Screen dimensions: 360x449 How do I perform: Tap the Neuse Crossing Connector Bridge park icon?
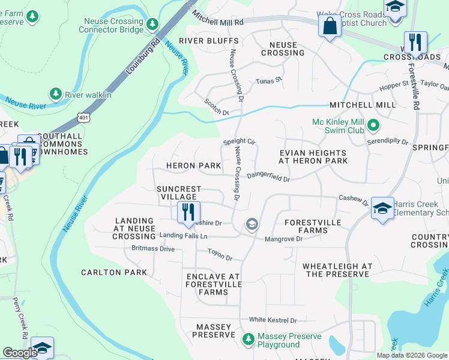(x=152, y=24)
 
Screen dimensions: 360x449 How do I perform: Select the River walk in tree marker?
(x=55, y=94)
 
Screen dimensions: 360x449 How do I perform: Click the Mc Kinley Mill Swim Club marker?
(x=373, y=125)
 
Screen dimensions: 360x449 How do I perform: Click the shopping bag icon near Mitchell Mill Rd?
(x=330, y=26)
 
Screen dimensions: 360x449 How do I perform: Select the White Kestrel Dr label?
(x=274, y=320)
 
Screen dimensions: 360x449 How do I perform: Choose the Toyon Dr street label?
(x=220, y=256)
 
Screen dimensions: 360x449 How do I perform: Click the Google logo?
(x=20, y=353)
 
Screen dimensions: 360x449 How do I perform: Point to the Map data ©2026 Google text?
(x=411, y=355)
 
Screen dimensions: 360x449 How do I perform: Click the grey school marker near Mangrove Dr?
(x=252, y=225)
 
